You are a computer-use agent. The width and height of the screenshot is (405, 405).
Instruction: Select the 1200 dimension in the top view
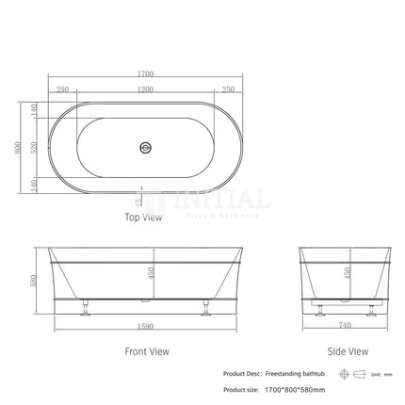pyautogui.click(x=145, y=89)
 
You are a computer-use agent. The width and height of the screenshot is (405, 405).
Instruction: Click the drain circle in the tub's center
pyautogui.click(x=145, y=147)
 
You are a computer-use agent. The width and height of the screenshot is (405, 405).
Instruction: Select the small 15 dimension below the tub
pyautogui.click(x=139, y=200)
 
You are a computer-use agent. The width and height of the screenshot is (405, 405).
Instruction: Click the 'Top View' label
pyautogui.click(x=144, y=218)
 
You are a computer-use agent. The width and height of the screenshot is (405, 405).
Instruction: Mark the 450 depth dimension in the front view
pyautogui.click(x=152, y=273)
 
